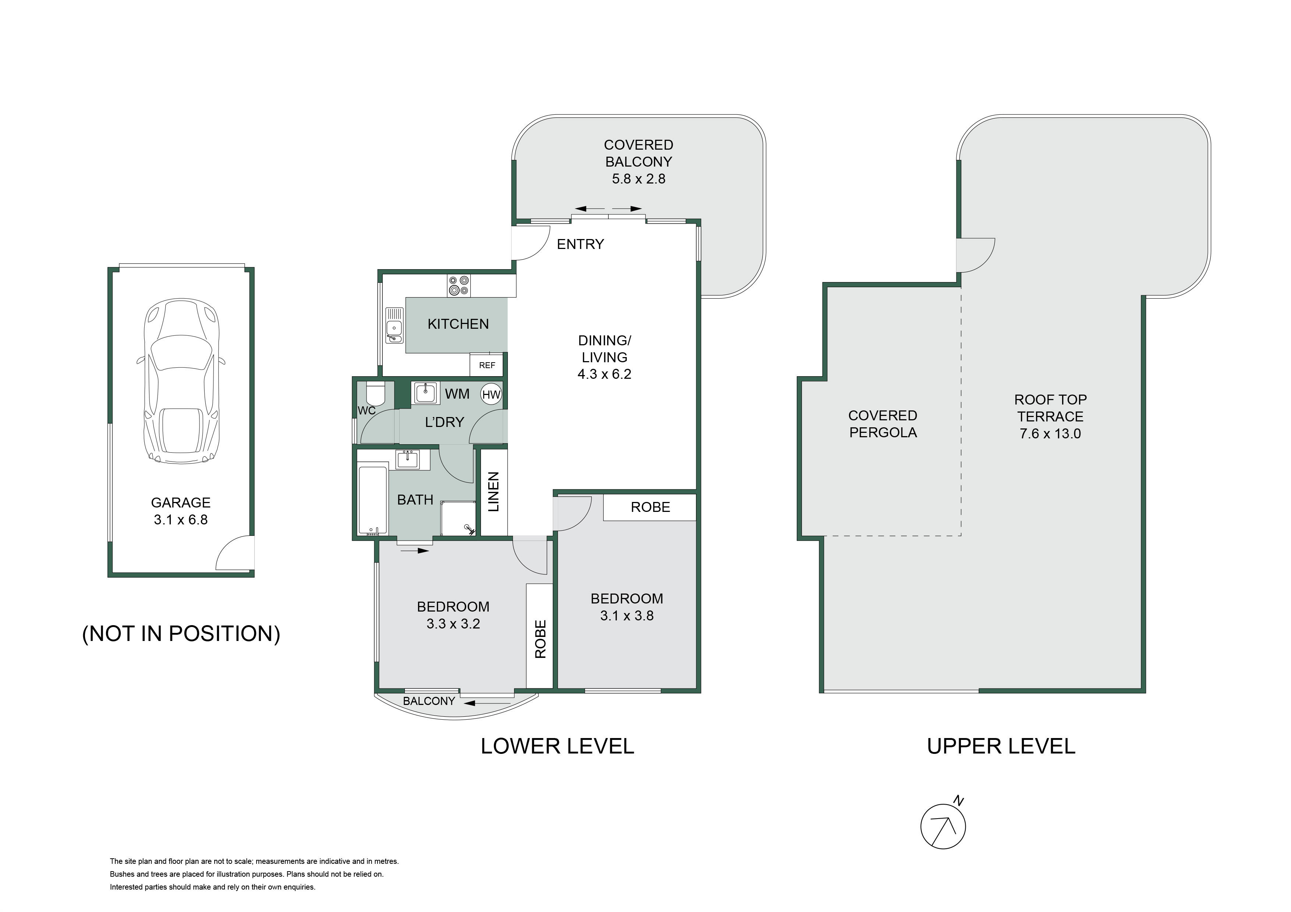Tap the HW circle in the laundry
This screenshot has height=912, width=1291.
tap(491, 395)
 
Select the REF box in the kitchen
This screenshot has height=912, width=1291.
tap(487, 365)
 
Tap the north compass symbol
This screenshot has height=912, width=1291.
tap(943, 826)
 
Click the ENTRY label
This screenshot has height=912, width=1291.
tap(580, 244)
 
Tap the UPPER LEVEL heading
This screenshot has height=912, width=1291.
tap(1001, 746)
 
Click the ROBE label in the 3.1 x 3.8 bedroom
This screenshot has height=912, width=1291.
tap(651, 507)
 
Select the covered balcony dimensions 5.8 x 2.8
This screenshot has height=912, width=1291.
tap(639, 179)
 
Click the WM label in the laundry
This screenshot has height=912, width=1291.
tap(457, 394)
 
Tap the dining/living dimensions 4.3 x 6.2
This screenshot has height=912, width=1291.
tap(604, 374)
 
